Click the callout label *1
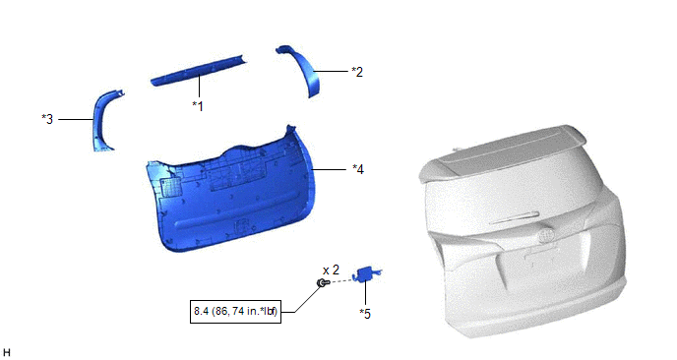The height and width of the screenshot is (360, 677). (x=198, y=106)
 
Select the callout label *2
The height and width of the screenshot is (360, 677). (x=357, y=72)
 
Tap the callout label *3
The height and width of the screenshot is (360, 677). (x=47, y=119)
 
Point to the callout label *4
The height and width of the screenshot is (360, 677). (x=358, y=169)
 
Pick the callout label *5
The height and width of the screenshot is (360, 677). (x=365, y=314)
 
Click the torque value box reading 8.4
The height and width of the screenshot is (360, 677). (x=236, y=311)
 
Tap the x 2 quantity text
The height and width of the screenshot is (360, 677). (x=332, y=270)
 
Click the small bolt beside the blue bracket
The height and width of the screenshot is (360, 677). (x=323, y=282)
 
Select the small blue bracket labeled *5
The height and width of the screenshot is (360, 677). (x=367, y=273)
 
